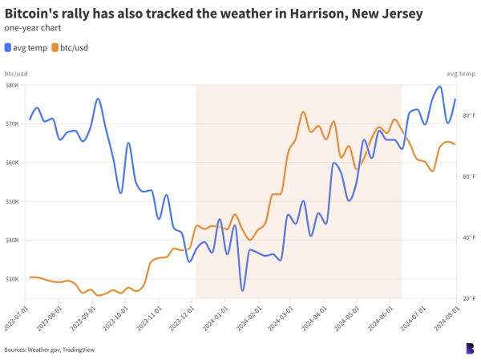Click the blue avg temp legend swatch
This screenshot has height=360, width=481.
8,47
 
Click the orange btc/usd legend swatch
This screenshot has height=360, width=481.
55,47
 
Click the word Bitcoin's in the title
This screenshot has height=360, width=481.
32,14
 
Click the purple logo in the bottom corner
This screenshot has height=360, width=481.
469,348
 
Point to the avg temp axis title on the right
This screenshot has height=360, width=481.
462,74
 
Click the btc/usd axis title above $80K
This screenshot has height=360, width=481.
16,74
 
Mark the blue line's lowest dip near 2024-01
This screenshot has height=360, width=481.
242,289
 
